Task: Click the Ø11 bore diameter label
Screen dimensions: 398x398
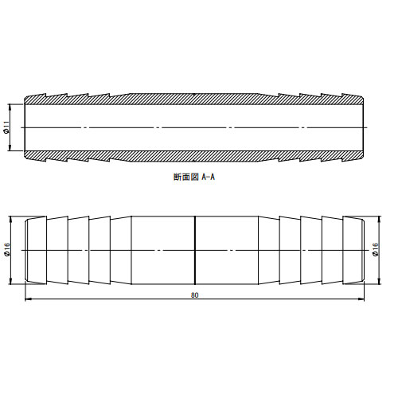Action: click(x=7, y=127)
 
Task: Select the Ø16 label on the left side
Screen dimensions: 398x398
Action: click(x=7, y=250)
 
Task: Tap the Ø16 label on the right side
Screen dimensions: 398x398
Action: click(x=376, y=250)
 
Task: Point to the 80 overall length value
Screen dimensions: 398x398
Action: click(x=194, y=295)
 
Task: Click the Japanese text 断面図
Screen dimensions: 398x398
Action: click(x=186, y=177)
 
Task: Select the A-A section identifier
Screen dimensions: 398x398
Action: click(x=209, y=177)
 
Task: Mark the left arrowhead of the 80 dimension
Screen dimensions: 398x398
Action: click(x=28, y=299)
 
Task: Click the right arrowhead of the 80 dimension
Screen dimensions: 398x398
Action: click(x=361, y=299)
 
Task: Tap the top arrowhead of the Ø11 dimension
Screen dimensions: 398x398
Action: click(x=10, y=107)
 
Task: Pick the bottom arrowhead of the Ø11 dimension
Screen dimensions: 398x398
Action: click(x=10, y=148)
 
